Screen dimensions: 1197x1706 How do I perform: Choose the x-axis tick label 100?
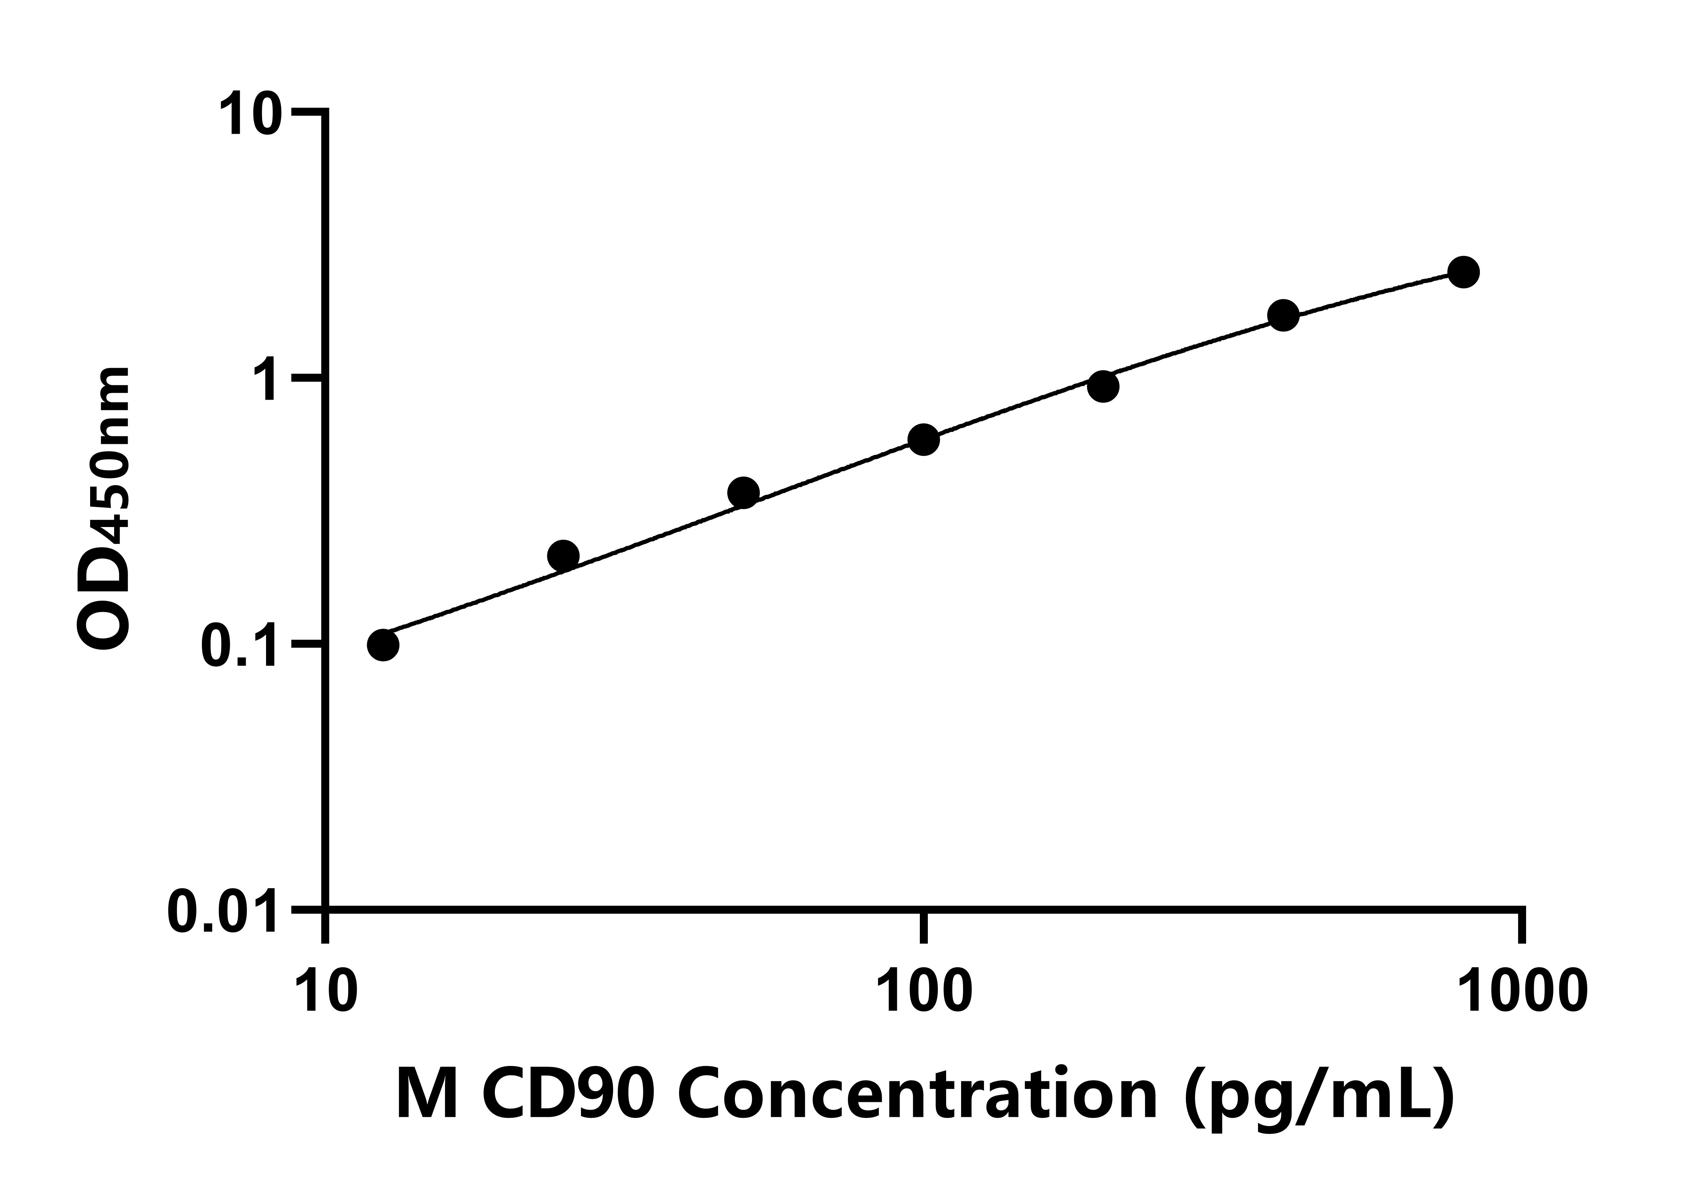924,992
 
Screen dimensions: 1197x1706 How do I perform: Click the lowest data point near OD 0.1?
383,645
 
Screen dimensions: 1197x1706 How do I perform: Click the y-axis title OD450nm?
104,509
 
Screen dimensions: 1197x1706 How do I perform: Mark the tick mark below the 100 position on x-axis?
924,927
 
